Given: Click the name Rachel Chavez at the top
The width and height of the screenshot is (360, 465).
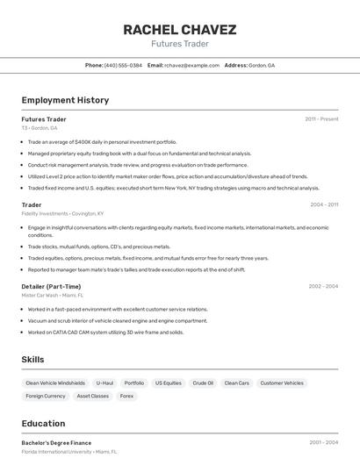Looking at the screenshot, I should [179, 30].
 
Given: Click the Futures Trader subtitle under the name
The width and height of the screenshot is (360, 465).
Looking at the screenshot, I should [179, 43].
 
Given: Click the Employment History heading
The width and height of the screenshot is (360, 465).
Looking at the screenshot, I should [65, 100].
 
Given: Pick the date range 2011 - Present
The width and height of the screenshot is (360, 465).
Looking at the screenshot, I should [321, 118].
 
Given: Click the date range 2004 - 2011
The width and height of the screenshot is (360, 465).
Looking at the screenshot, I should [324, 204].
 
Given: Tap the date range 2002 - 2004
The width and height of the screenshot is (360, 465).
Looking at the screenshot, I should [323, 286].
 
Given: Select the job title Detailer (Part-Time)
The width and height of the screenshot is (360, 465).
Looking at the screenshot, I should [51, 286].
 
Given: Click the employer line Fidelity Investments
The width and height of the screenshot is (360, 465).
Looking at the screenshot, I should [62, 213].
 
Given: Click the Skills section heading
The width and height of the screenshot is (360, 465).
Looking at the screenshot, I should [33, 360].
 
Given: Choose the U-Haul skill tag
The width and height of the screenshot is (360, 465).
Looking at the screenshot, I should [104, 383].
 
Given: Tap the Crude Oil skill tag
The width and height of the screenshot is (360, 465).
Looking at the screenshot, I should [203, 383].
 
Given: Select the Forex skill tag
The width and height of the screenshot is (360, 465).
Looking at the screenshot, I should [127, 396].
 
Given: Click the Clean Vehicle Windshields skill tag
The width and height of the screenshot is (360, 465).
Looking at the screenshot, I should [55, 383].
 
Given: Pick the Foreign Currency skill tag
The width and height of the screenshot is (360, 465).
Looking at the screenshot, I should [46, 396].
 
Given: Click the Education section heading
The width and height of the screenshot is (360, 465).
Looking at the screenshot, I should [43, 423].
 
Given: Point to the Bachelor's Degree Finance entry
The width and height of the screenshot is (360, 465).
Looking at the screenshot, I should [56, 442].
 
